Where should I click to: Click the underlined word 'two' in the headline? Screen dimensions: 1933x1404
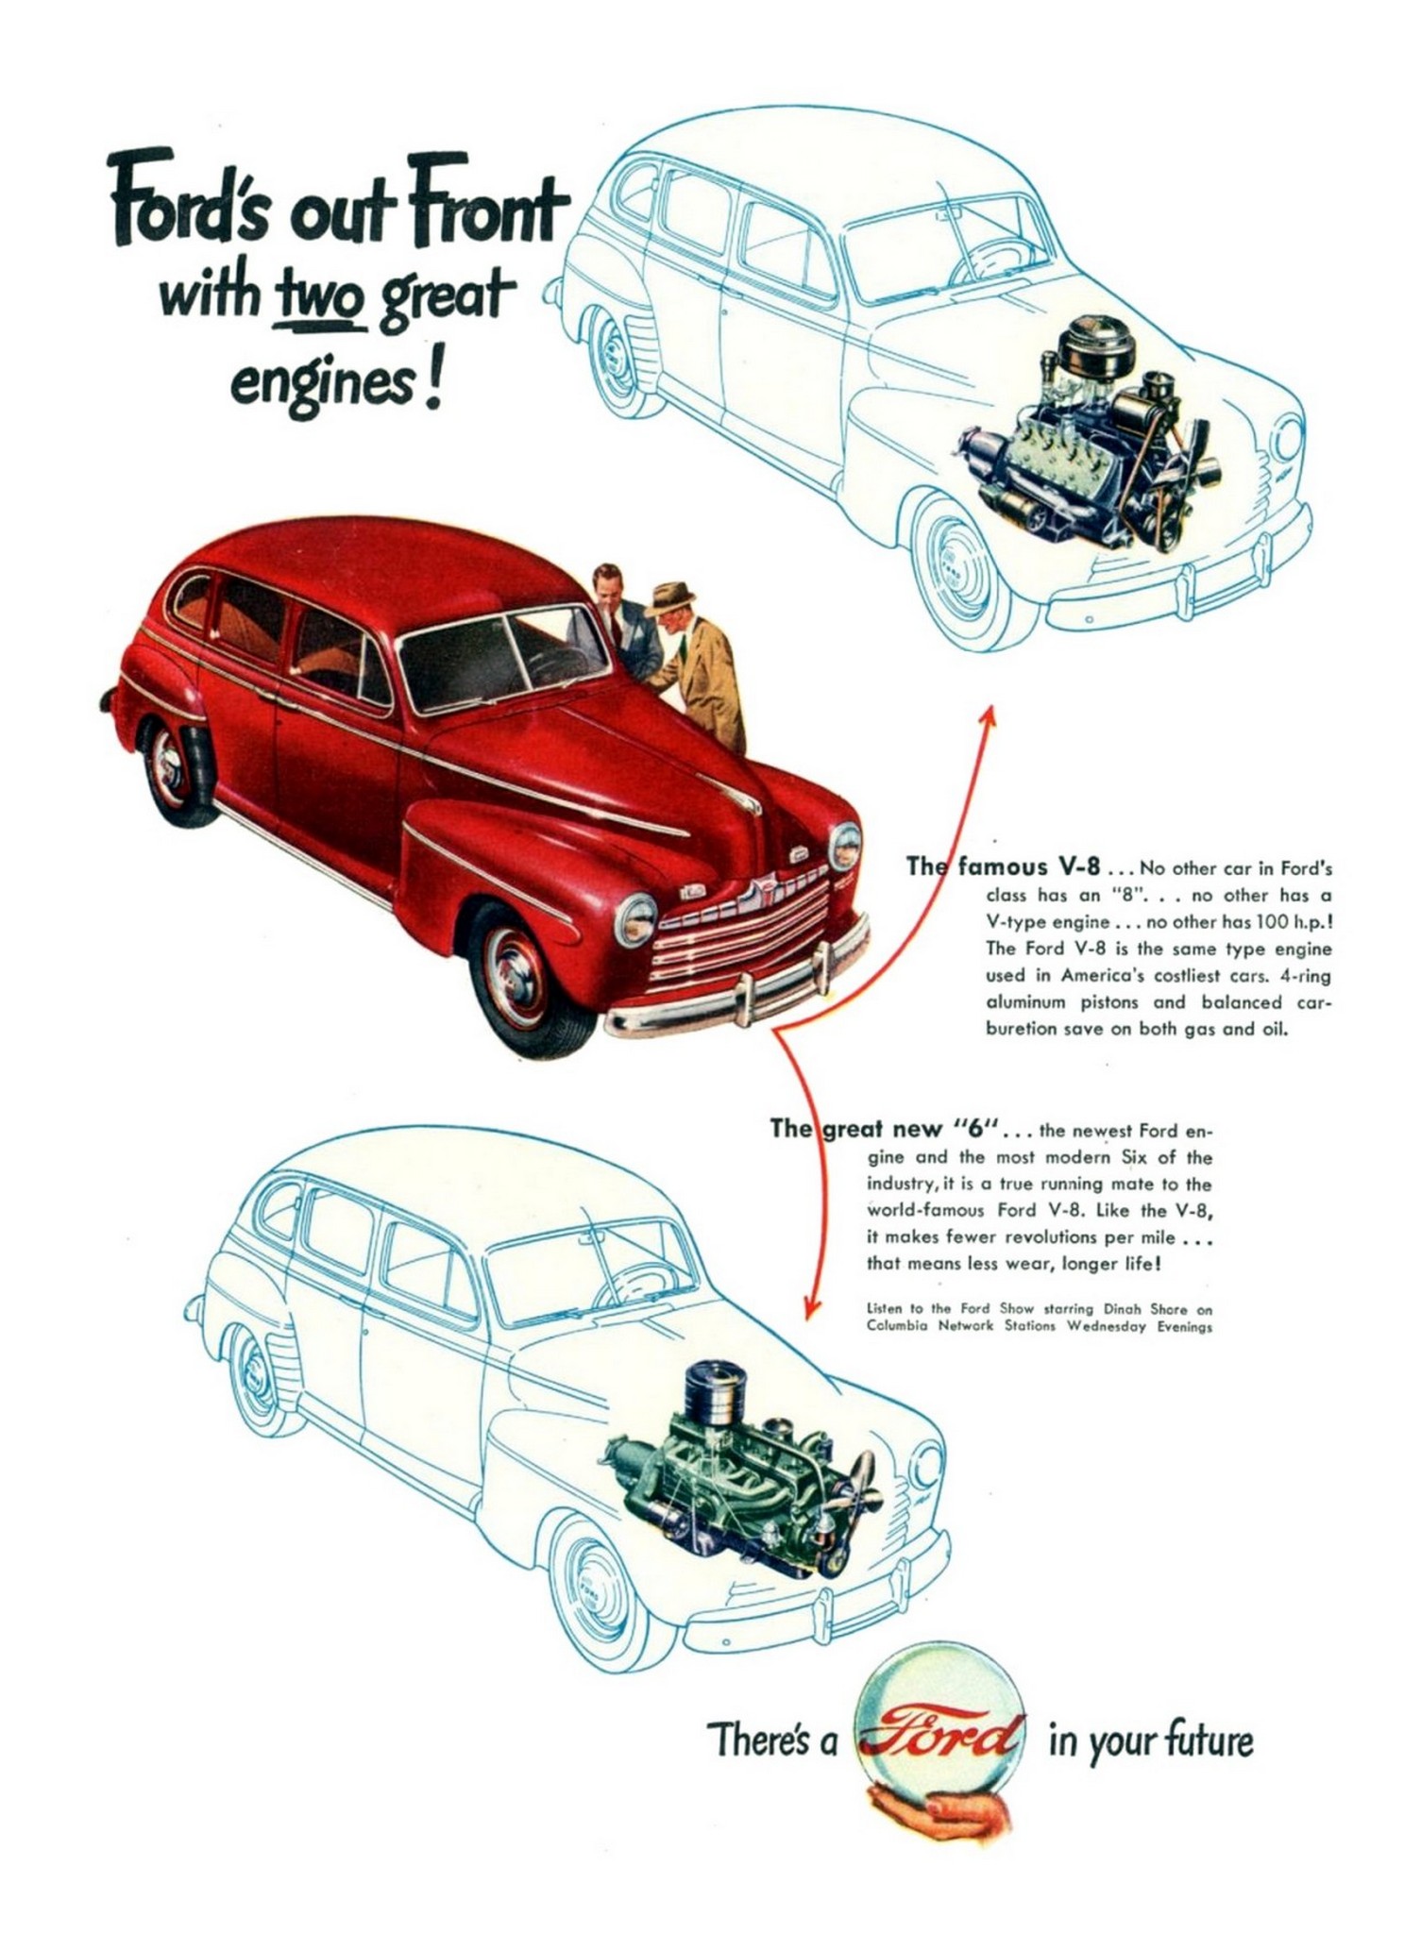(318, 300)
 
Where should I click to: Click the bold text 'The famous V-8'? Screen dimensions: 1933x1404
(1003, 866)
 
